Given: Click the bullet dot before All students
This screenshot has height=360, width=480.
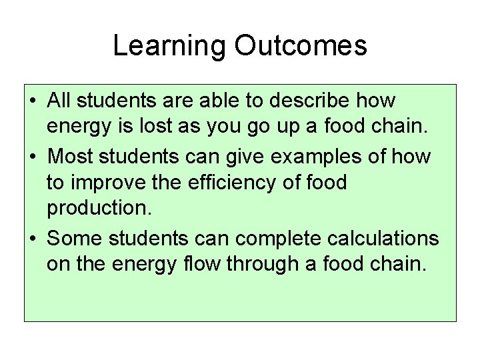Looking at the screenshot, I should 33,103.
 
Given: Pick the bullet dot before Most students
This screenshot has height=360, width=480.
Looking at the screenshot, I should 33,158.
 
